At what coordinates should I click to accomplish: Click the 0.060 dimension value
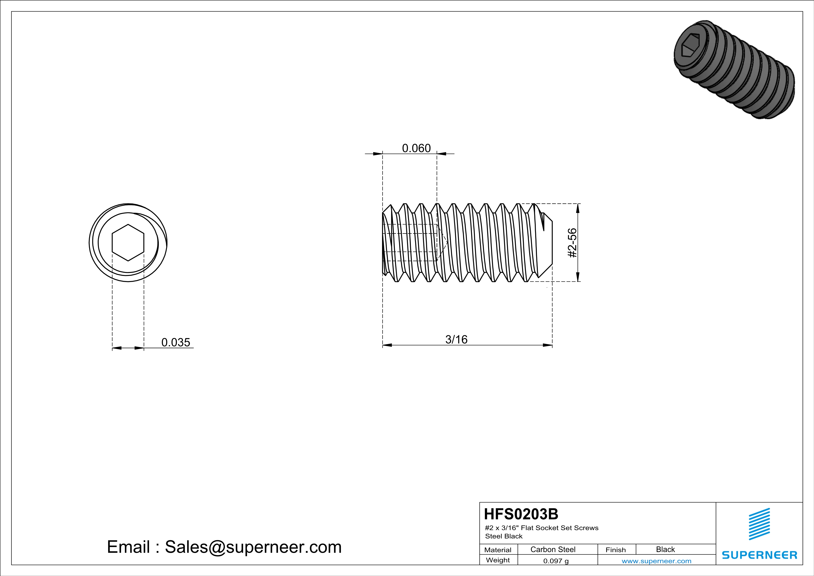pos(416,148)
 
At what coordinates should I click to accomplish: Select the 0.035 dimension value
pos(176,342)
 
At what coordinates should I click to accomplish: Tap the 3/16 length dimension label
pos(456,339)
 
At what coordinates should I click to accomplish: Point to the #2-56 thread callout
pos(572,243)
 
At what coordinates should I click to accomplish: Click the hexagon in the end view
pos(128,243)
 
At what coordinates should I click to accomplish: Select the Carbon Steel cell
pos(553,549)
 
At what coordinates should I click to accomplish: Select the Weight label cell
pos(498,560)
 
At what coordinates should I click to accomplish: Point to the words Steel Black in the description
pos(503,536)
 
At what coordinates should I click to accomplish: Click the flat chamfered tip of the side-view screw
pos(548,243)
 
